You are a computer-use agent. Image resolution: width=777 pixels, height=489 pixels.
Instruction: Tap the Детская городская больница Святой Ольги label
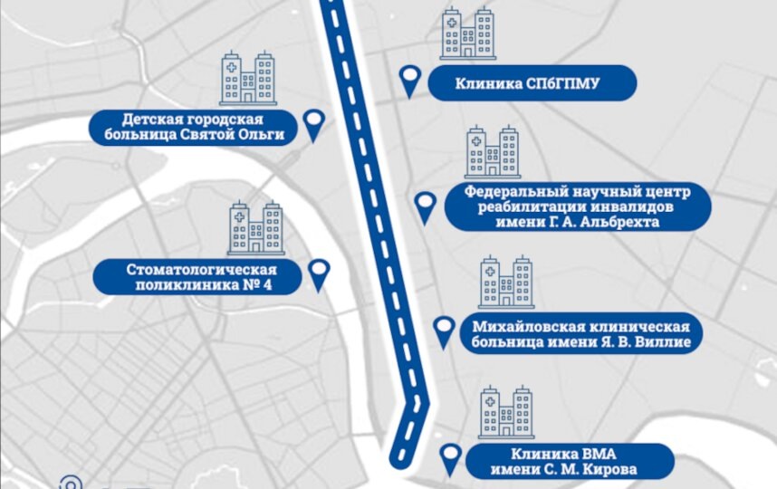[x=194, y=127]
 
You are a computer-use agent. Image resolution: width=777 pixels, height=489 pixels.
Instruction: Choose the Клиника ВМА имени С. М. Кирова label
[x=570, y=461]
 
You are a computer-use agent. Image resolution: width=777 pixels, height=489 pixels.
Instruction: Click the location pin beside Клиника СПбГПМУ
[x=411, y=81]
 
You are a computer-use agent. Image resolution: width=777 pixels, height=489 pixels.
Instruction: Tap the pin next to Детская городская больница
[x=313, y=123]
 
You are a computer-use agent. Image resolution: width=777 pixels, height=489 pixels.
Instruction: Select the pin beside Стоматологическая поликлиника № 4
[x=319, y=273]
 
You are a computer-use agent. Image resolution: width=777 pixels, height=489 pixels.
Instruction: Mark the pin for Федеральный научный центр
[x=425, y=206]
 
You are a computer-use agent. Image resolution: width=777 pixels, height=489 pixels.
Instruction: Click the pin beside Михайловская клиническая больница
[x=443, y=331]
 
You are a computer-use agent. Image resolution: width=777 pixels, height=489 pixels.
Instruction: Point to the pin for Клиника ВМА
[x=450, y=458]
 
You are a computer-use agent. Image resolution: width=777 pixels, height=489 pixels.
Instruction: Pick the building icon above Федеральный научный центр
[x=492, y=151]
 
